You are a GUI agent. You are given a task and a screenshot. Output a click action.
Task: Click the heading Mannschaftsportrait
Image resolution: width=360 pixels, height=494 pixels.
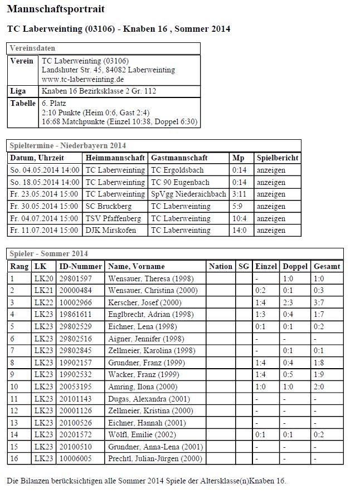point(56,9)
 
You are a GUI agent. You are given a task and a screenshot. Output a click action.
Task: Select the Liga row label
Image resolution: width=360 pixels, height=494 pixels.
point(18,91)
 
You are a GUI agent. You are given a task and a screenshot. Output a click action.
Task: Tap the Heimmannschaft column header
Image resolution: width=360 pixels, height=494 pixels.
point(115,158)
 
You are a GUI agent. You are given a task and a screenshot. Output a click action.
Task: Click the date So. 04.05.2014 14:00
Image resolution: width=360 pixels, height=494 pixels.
point(45,170)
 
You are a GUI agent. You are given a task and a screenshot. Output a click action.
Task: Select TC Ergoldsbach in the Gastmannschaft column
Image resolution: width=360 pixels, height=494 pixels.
point(177,170)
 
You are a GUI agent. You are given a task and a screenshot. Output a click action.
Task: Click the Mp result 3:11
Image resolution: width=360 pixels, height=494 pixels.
point(239,194)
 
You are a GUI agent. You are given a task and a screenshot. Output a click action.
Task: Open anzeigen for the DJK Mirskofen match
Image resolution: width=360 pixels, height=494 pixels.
point(271,231)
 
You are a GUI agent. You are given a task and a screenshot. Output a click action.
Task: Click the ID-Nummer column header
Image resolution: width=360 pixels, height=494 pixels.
point(80,267)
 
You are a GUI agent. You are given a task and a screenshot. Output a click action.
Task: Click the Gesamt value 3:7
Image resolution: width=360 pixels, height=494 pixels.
point(319,302)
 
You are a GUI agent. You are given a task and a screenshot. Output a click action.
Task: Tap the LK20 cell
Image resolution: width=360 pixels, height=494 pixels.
point(43,278)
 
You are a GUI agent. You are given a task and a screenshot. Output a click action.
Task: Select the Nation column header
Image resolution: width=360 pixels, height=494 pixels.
point(221,267)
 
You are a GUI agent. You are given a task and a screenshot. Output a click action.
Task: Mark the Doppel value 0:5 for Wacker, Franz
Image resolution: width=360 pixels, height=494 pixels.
point(288,375)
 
